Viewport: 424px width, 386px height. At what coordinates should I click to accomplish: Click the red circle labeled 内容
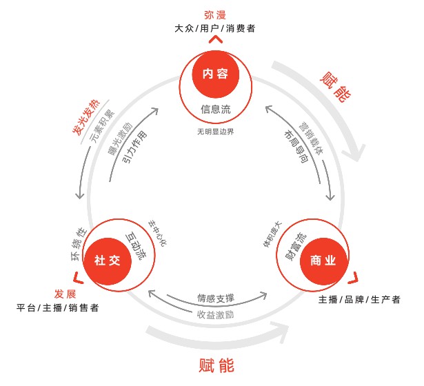click(214, 74)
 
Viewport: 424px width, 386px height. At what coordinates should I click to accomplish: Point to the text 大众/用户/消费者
click(214, 29)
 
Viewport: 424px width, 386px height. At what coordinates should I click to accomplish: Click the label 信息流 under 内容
click(214, 109)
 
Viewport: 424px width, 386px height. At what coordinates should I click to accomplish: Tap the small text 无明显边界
click(214, 130)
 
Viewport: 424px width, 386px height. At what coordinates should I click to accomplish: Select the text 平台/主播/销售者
click(58, 307)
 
